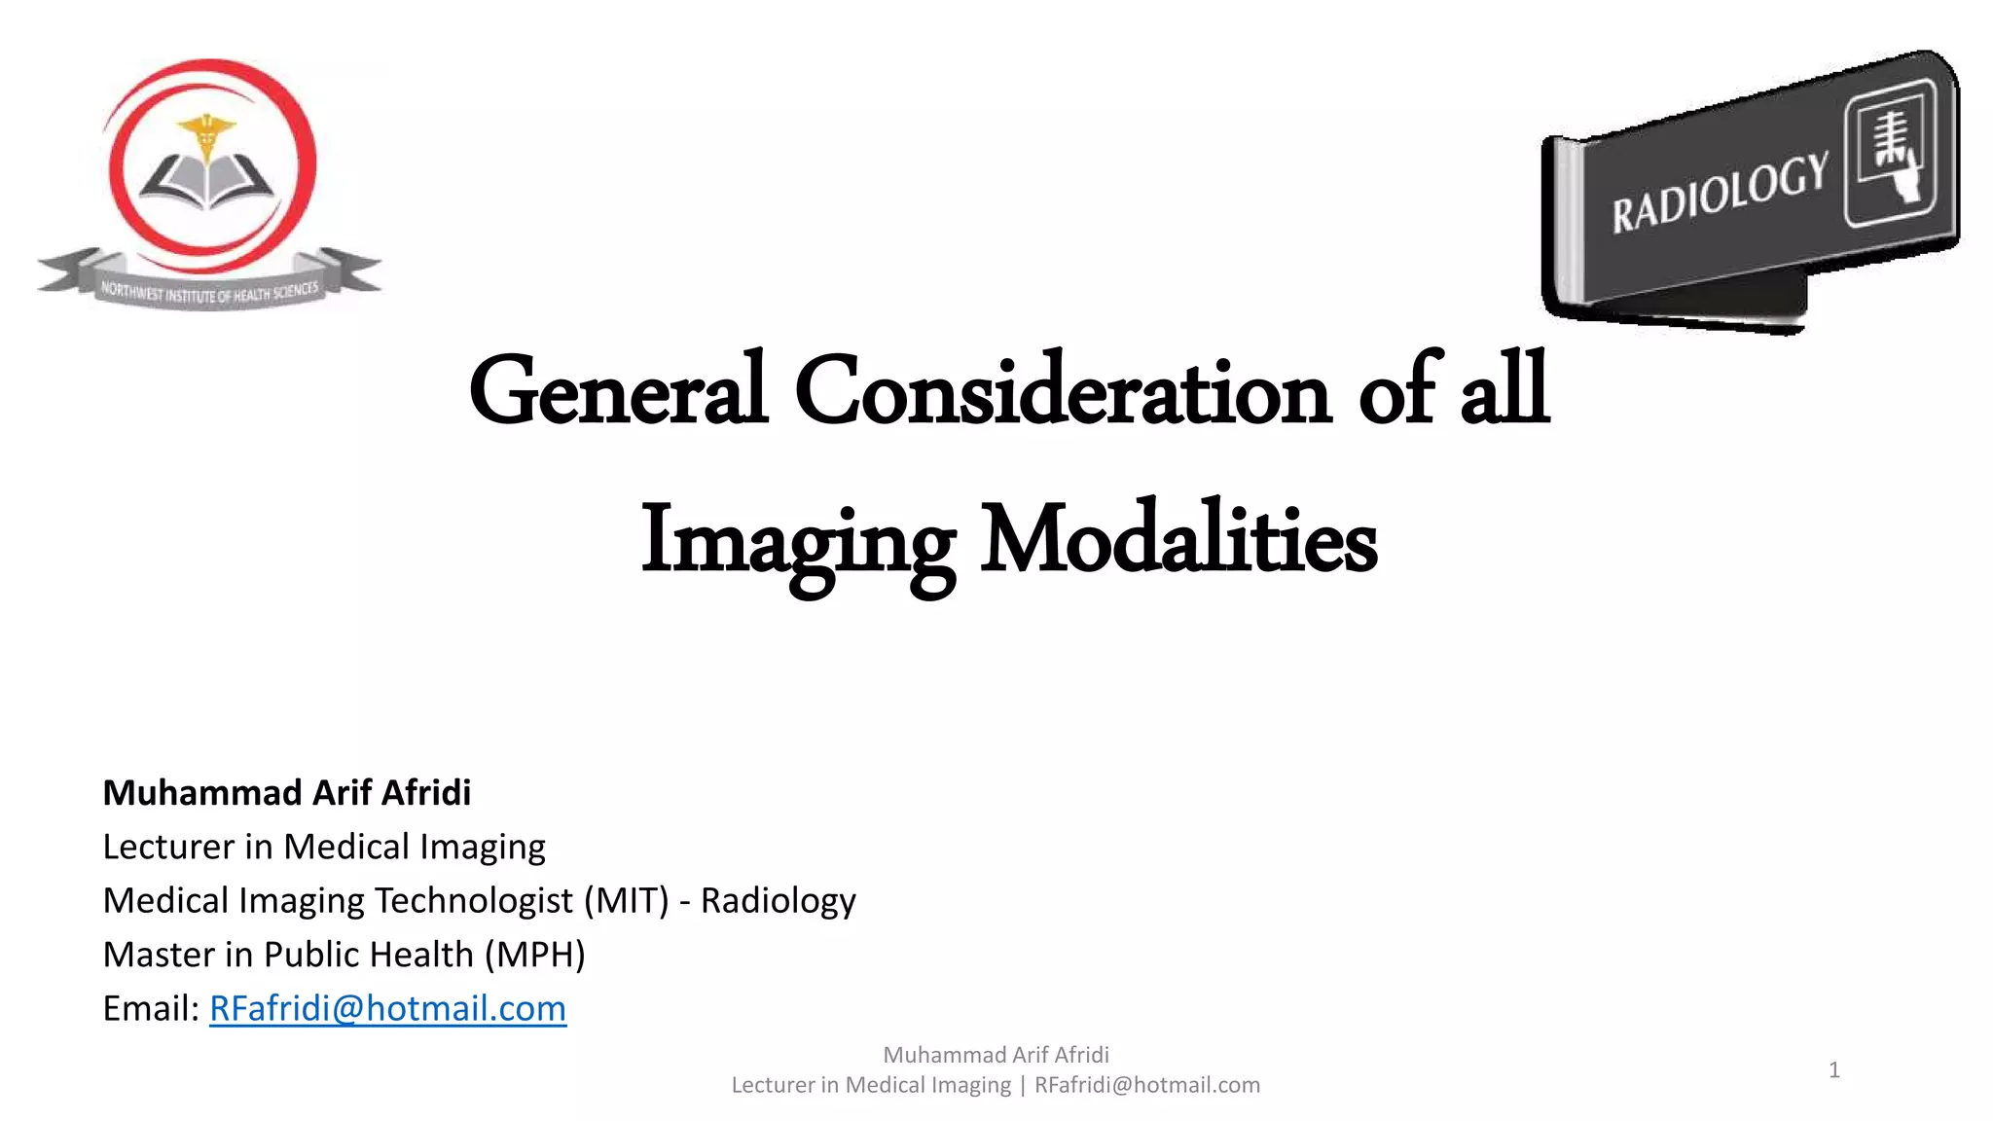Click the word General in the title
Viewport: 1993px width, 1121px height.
click(x=618, y=391)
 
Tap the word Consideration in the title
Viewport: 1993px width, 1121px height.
click(x=1062, y=391)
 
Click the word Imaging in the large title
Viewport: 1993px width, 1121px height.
click(x=797, y=542)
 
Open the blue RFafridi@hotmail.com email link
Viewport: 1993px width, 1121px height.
click(x=387, y=1008)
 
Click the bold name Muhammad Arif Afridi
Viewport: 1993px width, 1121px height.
click(x=286, y=793)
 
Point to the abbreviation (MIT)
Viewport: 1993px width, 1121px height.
click(x=626, y=901)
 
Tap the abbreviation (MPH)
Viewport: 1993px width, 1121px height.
click(x=534, y=955)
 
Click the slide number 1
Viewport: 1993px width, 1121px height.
click(x=1833, y=1070)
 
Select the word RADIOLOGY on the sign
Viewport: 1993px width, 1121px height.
click(x=1720, y=193)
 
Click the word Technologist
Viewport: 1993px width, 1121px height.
click(x=473, y=901)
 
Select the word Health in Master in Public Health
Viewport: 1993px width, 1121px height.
click(x=427, y=955)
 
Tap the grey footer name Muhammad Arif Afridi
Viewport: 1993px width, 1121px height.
click(x=996, y=1055)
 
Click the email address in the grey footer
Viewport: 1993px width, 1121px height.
click(x=1146, y=1085)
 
